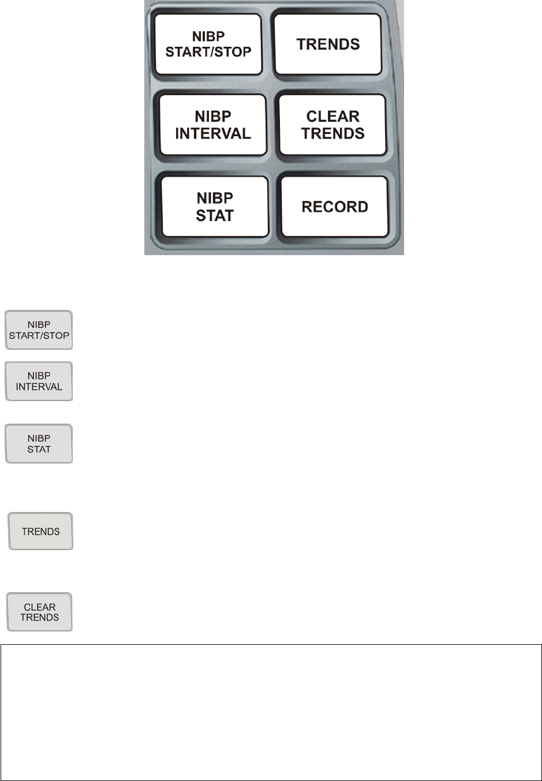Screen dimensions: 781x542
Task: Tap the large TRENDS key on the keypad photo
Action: pyautogui.click(x=328, y=44)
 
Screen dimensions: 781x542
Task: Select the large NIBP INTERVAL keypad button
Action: pyautogui.click(x=213, y=125)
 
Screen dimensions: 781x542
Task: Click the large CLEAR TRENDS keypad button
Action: pyautogui.click(x=332, y=125)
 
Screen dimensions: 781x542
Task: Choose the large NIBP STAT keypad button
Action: pyautogui.click(x=215, y=207)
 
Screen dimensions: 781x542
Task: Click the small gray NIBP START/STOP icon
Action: pyautogui.click(x=39, y=330)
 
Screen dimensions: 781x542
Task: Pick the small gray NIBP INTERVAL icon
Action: pyautogui.click(x=39, y=382)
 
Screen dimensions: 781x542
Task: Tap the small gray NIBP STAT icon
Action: pyautogui.click(x=39, y=444)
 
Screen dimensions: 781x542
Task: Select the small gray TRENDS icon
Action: pyautogui.click(x=40, y=531)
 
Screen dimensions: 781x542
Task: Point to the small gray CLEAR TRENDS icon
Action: pyautogui.click(x=40, y=612)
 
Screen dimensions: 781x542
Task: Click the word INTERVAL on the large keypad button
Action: pyautogui.click(x=213, y=134)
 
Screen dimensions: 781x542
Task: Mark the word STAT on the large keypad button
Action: pyautogui.click(x=215, y=216)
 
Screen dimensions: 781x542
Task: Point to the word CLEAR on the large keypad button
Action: pyautogui.click(x=332, y=117)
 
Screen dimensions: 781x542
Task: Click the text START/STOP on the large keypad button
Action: pyautogui.click(x=208, y=52)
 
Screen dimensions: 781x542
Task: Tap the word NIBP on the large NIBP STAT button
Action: pyautogui.click(x=215, y=198)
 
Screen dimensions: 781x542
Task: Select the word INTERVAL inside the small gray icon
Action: pyautogui.click(x=39, y=387)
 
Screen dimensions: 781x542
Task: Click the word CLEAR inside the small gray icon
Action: pyautogui.click(x=40, y=607)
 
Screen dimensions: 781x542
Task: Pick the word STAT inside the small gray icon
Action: pyautogui.click(x=39, y=449)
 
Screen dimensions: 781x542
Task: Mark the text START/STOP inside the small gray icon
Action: pyautogui.click(x=39, y=335)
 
